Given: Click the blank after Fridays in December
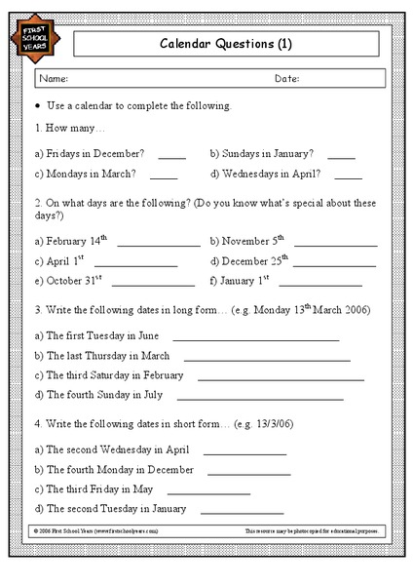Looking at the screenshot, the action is pyautogui.click(x=171, y=157).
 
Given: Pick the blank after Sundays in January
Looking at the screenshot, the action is pyautogui.click(x=341, y=157).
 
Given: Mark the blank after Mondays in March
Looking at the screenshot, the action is pyautogui.click(x=164, y=178).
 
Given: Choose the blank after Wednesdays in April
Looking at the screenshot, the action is pyautogui.click(x=348, y=178).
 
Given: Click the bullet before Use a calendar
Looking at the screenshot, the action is pyautogui.click(x=37, y=105).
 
